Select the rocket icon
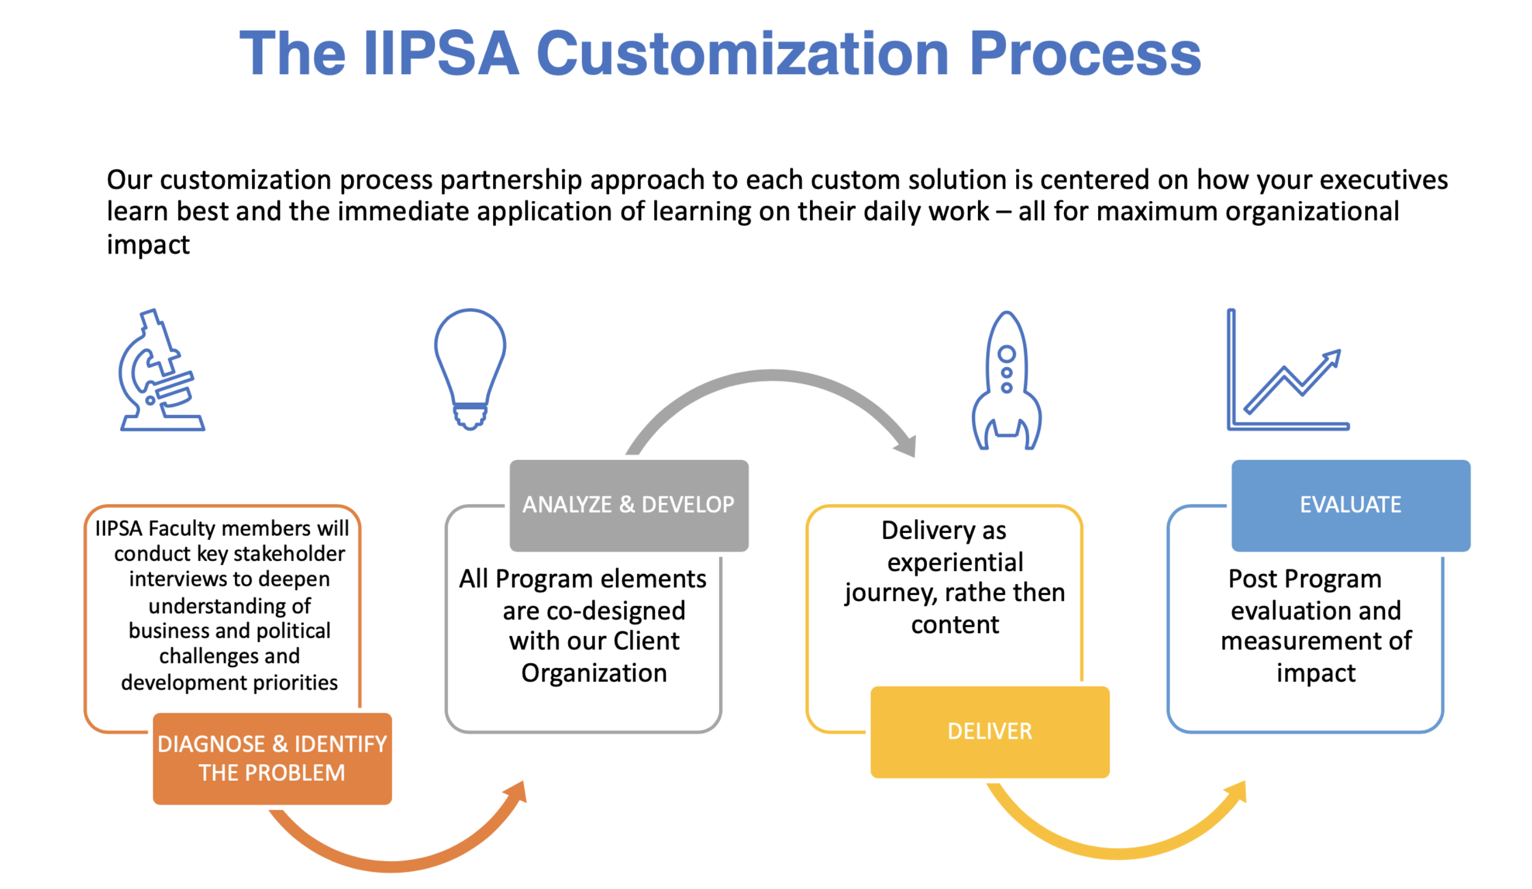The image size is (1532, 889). (x=1006, y=380)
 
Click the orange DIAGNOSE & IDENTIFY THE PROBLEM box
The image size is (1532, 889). (x=272, y=758)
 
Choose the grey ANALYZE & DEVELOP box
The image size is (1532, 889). (x=629, y=505)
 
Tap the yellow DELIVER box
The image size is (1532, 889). (x=990, y=732)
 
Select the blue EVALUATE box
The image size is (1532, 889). (x=1351, y=505)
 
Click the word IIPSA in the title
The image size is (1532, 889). (x=441, y=54)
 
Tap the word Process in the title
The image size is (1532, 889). (x=1085, y=54)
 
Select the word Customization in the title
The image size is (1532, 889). (x=742, y=54)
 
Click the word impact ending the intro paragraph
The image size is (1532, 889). (x=148, y=244)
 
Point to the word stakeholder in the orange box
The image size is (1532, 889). (x=289, y=553)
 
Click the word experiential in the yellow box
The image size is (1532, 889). (x=955, y=562)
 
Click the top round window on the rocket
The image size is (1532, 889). (x=1007, y=354)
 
